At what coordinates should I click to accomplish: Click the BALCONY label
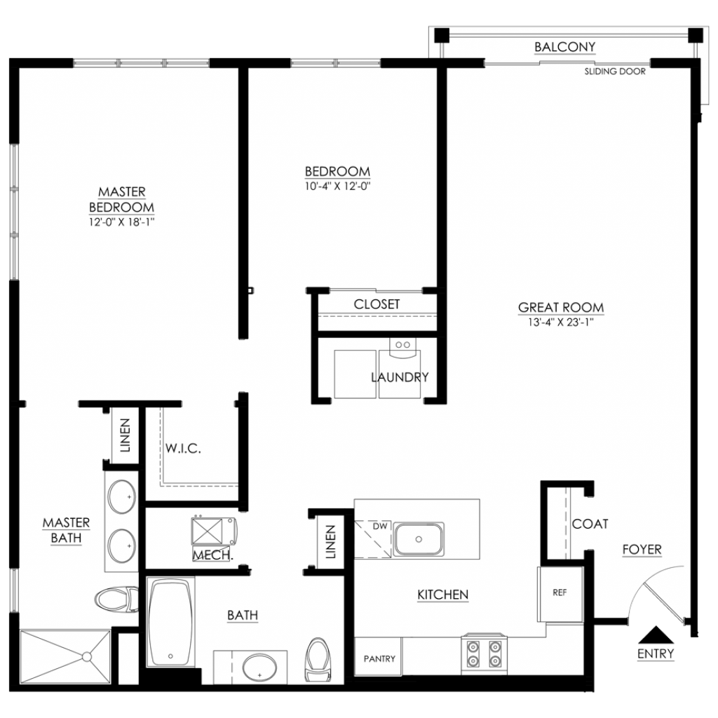pyautogui.click(x=564, y=47)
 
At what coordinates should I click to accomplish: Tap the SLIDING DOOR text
pyautogui.click(x=615, y=72)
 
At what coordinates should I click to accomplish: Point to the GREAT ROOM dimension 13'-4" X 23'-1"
pyautogui.click(x=560, y=322)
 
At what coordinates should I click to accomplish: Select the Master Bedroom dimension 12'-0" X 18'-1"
pyautogui.click(x=122, y=222)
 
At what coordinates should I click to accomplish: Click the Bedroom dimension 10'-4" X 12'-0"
pyautogui.click(x=337, y=186)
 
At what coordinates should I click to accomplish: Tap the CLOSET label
pyautogui.click(x=377, y=304)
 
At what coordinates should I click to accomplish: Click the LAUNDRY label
pyautogui.click(x=400, y=377)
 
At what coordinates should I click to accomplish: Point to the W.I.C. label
pyautogui.click(x=183, y=448)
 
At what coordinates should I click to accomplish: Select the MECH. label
pyautogui.click(x=213, y=555)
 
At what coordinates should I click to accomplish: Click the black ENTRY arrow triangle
pyautogui.click(x=656, y=635)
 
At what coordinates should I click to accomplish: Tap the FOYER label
pyautogui.click(x=642, y=549)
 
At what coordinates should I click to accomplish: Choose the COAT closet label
pyautogui.click(x=590, y=523)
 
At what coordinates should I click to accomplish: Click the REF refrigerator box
pyautogui.click(x=560, y=594)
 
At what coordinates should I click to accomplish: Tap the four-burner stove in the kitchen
pyautogui.click(x=484, y=653)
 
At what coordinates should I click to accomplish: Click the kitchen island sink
pyautogui.click(x=419, y=539)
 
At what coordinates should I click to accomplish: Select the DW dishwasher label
pyautogui.click(x=379, y=526)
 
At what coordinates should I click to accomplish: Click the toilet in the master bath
pyautogui.click(x=116, y=600)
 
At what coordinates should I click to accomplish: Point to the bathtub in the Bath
pyautogui.click(x=170, y=621)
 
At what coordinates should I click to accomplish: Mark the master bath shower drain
pyautogui.click(x=86, y=657)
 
